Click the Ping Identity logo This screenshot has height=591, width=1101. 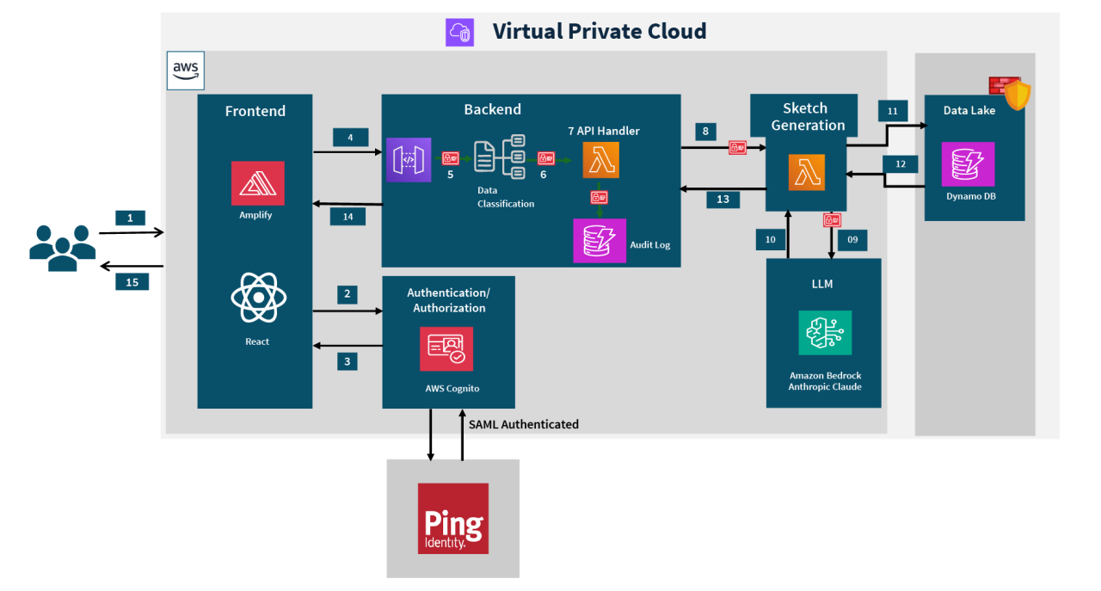[x=452, y=518]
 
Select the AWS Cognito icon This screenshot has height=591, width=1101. [x=446, y=348]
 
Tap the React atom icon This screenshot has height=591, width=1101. [x=257, y=298]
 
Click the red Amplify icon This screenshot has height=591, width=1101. [x=257, y=182]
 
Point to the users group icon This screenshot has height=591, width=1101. [x=62, y=247]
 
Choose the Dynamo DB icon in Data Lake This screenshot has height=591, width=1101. [x=968, y=163]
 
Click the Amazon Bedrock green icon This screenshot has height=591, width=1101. [x=824, y=333]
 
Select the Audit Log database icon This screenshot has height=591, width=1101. [x=600, y=240]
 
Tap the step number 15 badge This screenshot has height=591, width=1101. [x=132, y=281]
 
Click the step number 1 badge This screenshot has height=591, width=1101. [x=130, y=219]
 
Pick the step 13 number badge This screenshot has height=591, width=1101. [x=723, y=200]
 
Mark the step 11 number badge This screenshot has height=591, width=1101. [x=892, y=111]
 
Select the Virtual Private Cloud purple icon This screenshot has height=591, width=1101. [x=459, y=32]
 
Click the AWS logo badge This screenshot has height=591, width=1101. [x=186, y=70]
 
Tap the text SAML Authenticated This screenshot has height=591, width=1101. [x=523, y=424]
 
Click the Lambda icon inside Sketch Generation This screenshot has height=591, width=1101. [x=806, y=171]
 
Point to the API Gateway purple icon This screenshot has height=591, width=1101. [x=409, y=159]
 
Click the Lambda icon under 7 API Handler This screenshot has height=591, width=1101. [x=600, y=160]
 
